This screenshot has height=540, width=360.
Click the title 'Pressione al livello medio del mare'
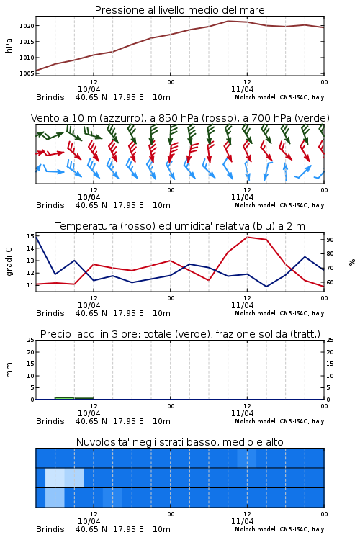point(179,10)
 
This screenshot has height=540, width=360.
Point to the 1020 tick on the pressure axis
point(27,26)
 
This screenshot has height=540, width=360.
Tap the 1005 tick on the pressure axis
point(27,73)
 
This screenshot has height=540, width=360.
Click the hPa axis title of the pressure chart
point(9,45)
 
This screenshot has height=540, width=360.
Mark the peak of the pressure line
point(228,21)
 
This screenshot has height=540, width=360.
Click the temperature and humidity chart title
point(180,226)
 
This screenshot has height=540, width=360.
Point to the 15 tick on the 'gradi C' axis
point(30,236)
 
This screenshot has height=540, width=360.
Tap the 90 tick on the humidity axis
point(330,240)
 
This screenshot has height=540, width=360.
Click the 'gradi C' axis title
point(9,262)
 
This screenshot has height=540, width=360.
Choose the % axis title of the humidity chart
point(352,262)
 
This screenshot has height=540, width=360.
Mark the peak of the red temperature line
point(248,237)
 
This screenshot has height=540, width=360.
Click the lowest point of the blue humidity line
point(266,287)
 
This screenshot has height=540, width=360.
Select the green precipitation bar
point(65,398)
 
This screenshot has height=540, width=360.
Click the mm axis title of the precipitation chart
point(9,370)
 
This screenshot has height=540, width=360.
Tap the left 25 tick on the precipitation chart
point(31,340)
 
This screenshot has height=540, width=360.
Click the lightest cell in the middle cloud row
point(55,477)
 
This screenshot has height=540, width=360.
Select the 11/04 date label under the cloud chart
point(242,521)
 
